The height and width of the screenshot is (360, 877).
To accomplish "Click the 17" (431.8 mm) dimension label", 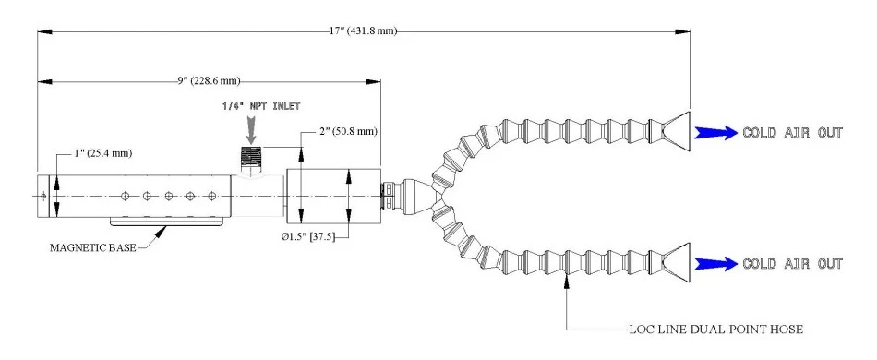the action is pos(363,31).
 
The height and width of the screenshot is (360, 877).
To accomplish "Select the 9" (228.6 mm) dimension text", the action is pos(209,81).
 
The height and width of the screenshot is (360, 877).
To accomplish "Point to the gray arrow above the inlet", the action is pos(251,128).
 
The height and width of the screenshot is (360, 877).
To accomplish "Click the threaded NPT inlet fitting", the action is pos(251,159).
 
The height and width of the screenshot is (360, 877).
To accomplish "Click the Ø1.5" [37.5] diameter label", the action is pos(307,237).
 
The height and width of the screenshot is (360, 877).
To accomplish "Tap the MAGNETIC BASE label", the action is pos(93,247).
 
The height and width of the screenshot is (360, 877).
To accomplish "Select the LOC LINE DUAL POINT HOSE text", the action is pos(716,330).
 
